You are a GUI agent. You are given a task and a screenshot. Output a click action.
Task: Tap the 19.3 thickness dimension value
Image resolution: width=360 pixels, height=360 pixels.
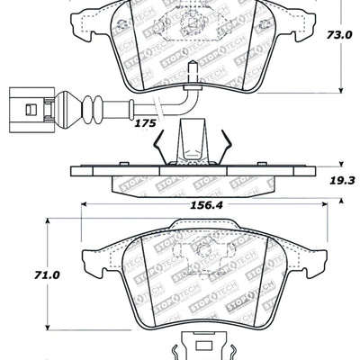click(340, 180)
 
